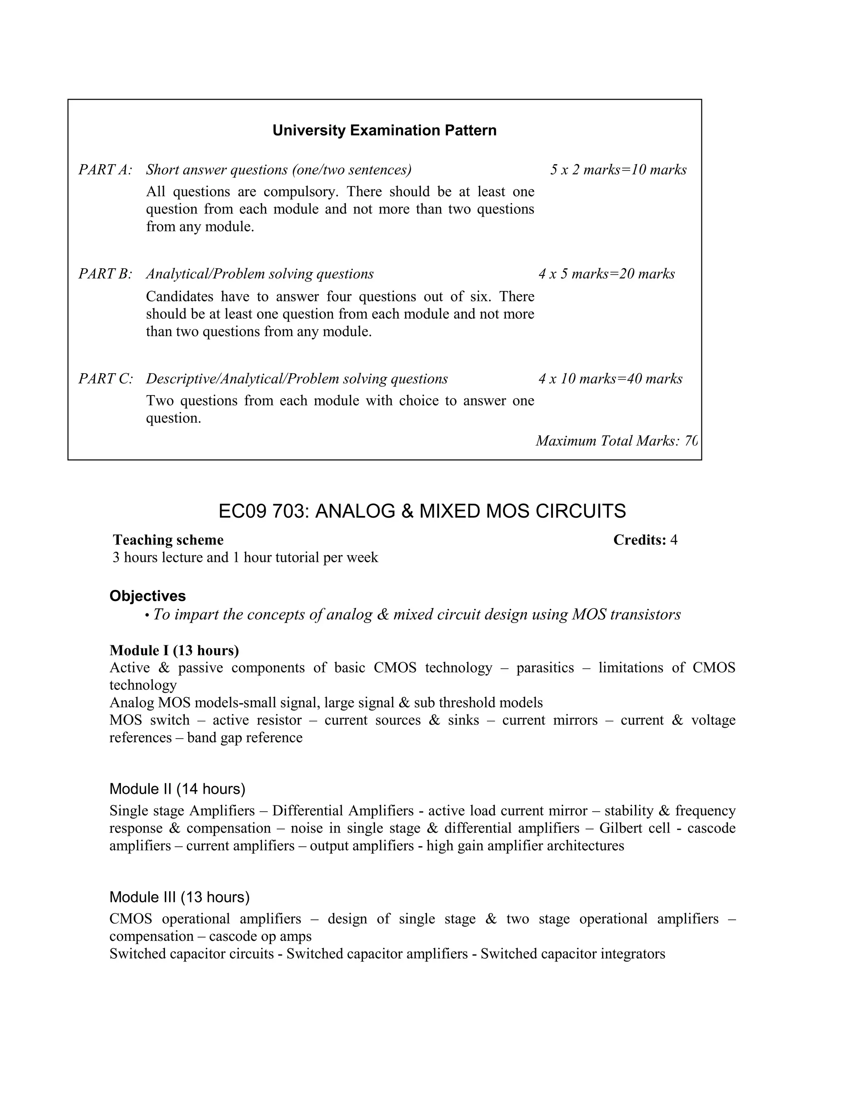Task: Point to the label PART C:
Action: [x=106, y=379]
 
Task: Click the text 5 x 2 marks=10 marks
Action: [x=618, y=170]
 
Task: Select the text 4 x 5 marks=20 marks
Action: [x=606, y=274]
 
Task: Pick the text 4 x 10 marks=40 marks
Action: [x=610, y=379]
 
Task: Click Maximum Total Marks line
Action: [x=616, y=441]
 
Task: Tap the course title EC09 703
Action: [x=422, y=511]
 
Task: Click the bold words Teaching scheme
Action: [x=168, y=540]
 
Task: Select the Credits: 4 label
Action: [x=645, y=540]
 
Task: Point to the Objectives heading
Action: [x=148, y=596]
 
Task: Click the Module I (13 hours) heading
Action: [x=174, y=650]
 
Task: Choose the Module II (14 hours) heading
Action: [x=177, y=789]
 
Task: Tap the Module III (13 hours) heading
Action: [x=179, y=897]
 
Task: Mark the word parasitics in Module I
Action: [x=545, y=668]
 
